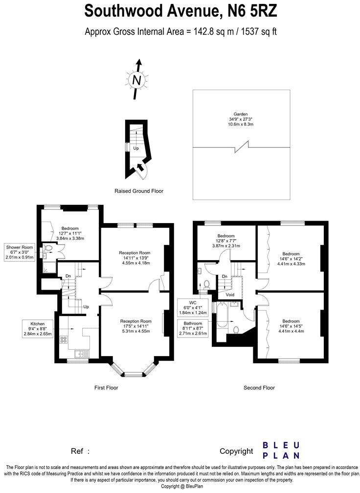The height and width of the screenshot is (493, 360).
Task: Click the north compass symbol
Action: (137, 78)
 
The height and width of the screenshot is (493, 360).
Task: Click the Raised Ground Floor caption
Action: (139, 191)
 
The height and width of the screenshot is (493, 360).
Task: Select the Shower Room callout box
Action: (20, 252)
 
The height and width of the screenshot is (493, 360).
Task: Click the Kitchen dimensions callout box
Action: (38, 328)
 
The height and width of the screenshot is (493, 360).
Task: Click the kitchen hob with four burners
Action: (63, 339)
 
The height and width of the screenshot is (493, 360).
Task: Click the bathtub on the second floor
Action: (221, 316)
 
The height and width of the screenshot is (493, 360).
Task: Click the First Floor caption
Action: (106, 387)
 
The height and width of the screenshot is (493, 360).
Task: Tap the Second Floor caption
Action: (259, 387)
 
